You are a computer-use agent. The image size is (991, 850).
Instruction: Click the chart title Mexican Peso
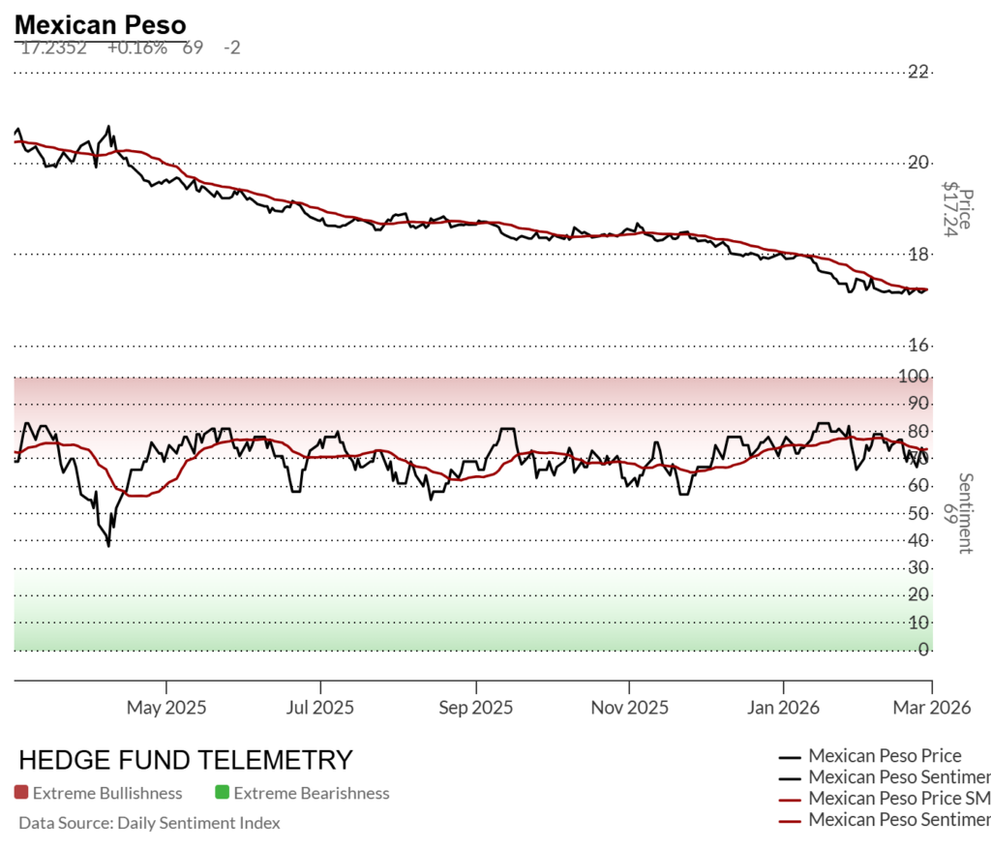[x=101, y=24]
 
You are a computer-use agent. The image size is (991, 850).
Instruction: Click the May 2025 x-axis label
[x=166, y=708]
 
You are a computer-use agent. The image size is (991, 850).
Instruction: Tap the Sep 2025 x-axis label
[x=475, y=708]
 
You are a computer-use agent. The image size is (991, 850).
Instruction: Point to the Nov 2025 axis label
[x=628, y=708]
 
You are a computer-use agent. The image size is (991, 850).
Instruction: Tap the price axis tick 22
[x=918, y=72]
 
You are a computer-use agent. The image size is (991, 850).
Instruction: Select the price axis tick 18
[x=918, y=255]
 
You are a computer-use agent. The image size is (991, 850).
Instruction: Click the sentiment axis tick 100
[x=915, y=377]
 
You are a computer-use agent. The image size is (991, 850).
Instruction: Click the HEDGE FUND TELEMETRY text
[x=186, y=760]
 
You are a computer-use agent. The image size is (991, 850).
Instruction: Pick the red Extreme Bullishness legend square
[x=21, y=793]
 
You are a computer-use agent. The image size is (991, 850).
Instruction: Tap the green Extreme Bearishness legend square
[x=223, y=793]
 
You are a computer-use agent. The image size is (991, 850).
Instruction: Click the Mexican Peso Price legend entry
[x=885, y=756]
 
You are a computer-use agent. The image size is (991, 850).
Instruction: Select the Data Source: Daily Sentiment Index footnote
[x=149, y=823]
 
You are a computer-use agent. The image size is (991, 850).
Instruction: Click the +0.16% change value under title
[x=136, y=47]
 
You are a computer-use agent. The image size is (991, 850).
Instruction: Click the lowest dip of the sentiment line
[x=108, y=546]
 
